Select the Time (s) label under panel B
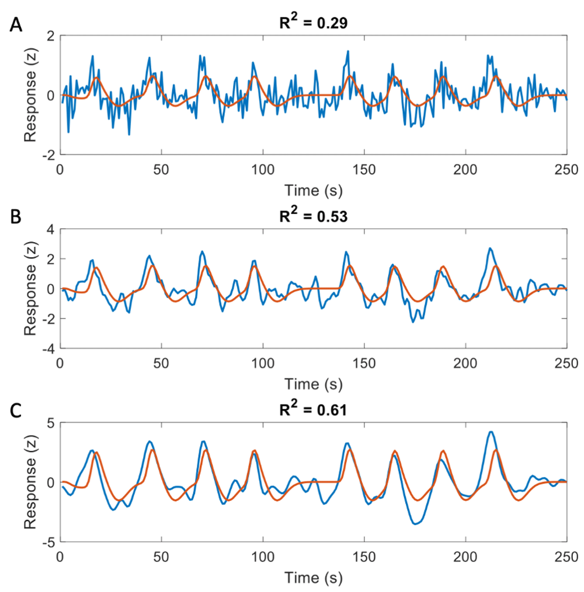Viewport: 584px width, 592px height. pos(313,384)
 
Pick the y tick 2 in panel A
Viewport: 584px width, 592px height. pos(50,36)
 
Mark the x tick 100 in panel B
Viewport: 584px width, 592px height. pos(263,361)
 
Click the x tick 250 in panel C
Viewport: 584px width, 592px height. pos(566,554)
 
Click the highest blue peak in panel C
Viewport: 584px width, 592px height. pos(491,432)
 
